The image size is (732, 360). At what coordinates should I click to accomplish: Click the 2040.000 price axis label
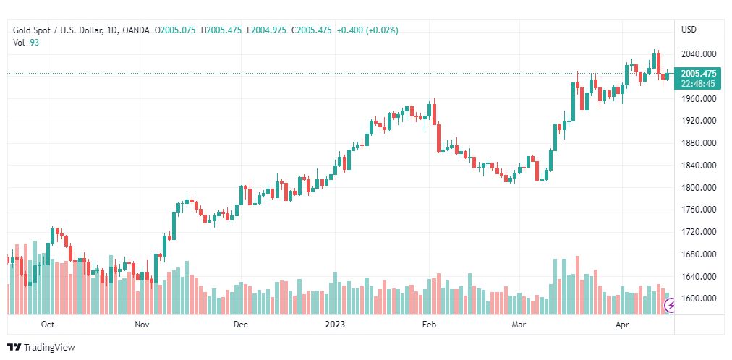pyautogui.click(x=698, y=54)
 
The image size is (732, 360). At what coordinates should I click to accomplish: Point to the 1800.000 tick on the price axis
pyautogui.click(x=698, y=188)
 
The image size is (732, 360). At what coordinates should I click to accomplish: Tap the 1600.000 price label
pyautogui.click(x=698, y=299)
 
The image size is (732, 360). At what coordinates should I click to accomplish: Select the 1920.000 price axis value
pyautogui.click(x=698, y=121)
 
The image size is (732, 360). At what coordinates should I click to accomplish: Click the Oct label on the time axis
pyautogui.click(x=48, y=325)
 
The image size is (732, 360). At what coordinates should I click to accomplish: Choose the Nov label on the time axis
pyautogui.click(x=142, y=325)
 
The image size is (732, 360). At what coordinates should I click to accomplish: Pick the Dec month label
pyautogui.click(x=241, y=325)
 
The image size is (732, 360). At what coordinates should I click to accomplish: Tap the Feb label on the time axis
pyautogui.click(x=429, y=325)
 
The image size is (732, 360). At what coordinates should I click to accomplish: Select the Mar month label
pyautogui.click(x=518, y=325)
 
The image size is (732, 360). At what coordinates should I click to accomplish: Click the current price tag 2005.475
pyautogui.click(x=698, y=74)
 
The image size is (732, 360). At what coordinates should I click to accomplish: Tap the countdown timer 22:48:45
pyautogui.click(x=698, y=84)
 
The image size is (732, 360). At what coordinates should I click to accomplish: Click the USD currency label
pyautogui.click(x=689, y=30)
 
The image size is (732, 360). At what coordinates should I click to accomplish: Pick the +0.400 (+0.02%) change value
pyautogui.click(x=367, y=30)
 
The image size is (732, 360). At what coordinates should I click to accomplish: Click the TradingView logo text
pyautogui.click(x=48, y=348)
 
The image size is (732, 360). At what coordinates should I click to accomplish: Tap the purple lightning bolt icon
pyautogui.click(x=671, y=306)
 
